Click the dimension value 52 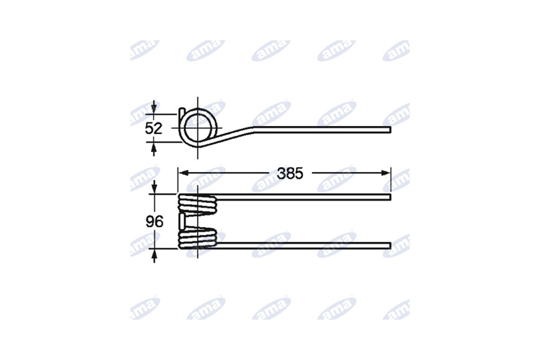coord(153,128)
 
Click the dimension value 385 coord(290,174)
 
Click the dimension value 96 coord(155,222)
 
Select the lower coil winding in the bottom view coord(197,238)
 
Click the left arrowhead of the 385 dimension coord(183,173)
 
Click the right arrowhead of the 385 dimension coord(386,173)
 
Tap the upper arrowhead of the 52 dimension coord(154,108)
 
